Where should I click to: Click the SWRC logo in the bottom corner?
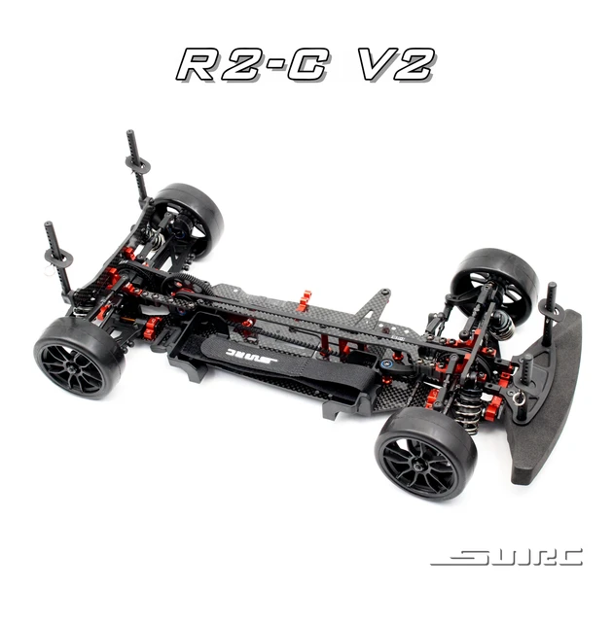pyautogui.click(x=506, y=557)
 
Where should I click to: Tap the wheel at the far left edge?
pyautogui.click(x=79, y=356)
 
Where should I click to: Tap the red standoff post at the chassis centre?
pyautogui.click(x=304, y=299)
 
